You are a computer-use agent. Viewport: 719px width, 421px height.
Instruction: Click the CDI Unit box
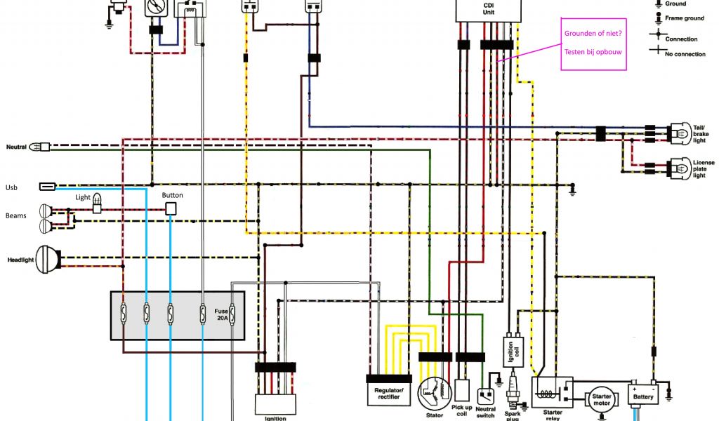tap(489, 10)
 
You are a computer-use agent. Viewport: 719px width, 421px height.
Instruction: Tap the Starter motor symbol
tap(602, 399)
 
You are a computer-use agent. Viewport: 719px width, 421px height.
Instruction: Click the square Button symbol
tap(171, 208)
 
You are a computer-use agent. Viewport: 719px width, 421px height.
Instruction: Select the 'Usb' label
tap(11, 187)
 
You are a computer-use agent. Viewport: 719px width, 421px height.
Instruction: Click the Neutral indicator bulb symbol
tap(44, 147)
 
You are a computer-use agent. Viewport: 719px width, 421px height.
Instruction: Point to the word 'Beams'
tap(16, 215)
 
